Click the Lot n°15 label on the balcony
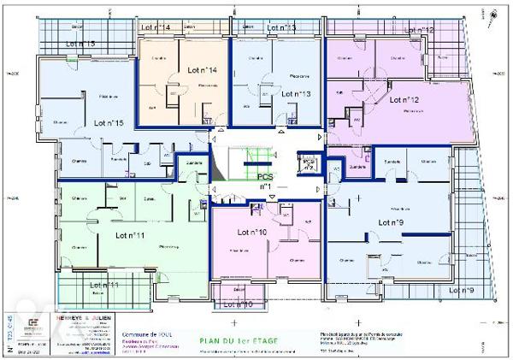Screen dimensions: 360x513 (79, 43)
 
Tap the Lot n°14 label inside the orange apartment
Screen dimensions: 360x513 (198, 69)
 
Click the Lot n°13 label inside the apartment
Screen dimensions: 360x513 (292, 92)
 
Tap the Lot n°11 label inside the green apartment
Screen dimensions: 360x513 (127, 235)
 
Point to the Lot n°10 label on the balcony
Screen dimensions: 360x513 (235, 304)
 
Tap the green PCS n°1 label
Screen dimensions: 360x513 (265, 180)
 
